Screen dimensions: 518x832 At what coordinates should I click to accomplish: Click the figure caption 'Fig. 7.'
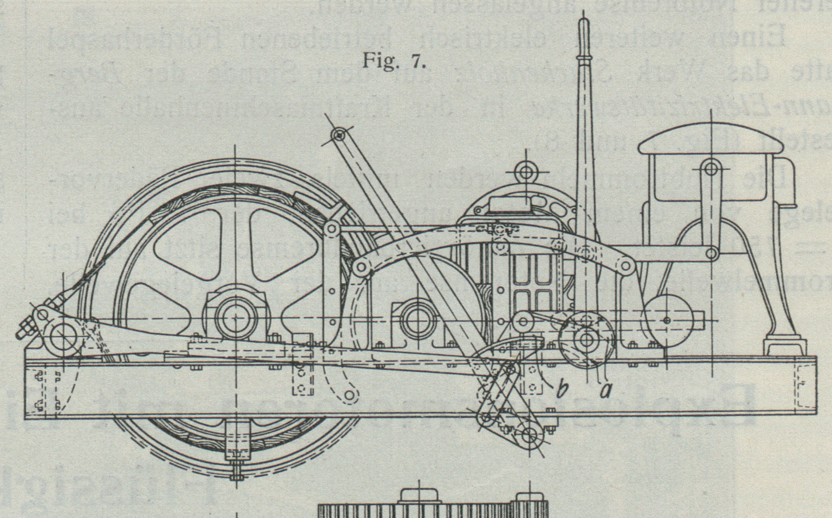pyautogui.click(x=394, y=62)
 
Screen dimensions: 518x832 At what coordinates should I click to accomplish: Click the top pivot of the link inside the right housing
pyautogui.click(x=710, y=168)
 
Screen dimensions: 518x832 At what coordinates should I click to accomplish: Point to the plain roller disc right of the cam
pyautogui.click(x=667, y=320)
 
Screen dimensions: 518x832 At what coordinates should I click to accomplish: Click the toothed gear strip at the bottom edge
pyautogui.click(x=432, y=510)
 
